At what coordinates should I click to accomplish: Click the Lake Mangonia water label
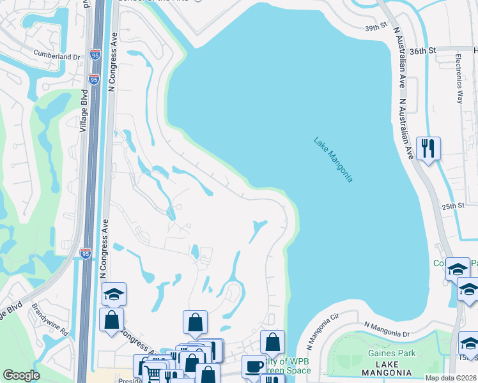pyautogui.click(x=334, y=160)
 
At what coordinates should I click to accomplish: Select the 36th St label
pyautogui.click(x=422, y=50)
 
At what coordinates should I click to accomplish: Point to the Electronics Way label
pyautogui.click(x=459, y=77)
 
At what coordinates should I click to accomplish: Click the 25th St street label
pyautogui.click(x=452, y=206)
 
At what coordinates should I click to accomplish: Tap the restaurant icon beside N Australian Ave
pyautogui.click(x=427, y=149)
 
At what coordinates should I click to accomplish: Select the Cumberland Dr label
pyautogui.click(x=57, y=56)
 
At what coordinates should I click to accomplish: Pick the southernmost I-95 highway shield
pyautogui.click(x=86, y=253)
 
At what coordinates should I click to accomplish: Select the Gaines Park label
pyautogui.click(x=392, y=353)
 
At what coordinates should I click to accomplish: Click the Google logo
pyautogui.click(x=21, y=375)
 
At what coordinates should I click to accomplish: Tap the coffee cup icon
pyautogui.click(x=254, y=366)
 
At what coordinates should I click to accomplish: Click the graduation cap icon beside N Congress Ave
pyautogui.click(x=114, y=294)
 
